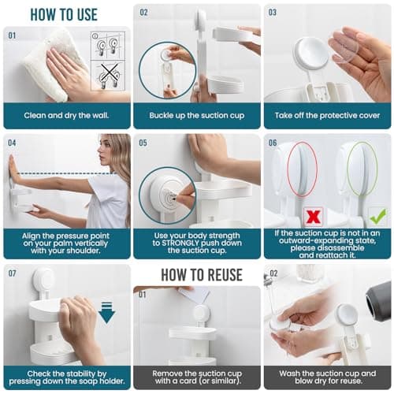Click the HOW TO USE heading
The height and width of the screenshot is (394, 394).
(65, 13)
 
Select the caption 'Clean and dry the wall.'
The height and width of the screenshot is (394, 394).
(66, 115)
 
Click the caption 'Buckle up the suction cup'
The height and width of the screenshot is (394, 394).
(196, 115)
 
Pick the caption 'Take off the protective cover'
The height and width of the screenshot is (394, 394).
(327, 115)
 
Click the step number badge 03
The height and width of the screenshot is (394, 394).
(273, 13)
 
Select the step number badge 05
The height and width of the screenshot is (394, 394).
(143, 143)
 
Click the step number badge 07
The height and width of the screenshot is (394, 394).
(13, 273)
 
